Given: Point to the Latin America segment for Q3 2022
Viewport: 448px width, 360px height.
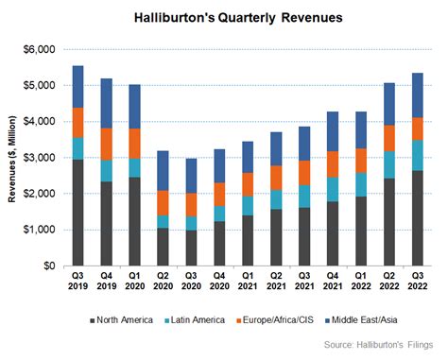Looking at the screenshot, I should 417,155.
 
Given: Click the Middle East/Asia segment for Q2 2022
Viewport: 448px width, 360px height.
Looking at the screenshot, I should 388,104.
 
